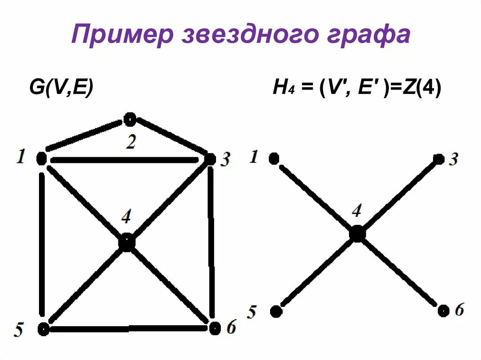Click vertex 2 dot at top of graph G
click(x=130, y=120)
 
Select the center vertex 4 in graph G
click(x=126, y=242)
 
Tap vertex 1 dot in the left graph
click(x=41, y=159)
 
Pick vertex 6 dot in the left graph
click(x=215, y=328)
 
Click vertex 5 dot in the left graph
click(x=43, y=329)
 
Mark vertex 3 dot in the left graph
click(x=209, y=160)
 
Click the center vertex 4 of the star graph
click(x=357, y=233)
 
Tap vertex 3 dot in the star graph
click(x=439, y=159)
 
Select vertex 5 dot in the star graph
click(x=276, y=310)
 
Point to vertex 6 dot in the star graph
click(x=443, y=310)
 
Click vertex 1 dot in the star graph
click(x=274, y=159)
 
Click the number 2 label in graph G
click(x=130, y=142)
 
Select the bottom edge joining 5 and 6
click(x=129, y=329)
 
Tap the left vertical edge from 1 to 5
click(x=42, y=244)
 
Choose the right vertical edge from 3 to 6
click(x=212, y=244)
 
